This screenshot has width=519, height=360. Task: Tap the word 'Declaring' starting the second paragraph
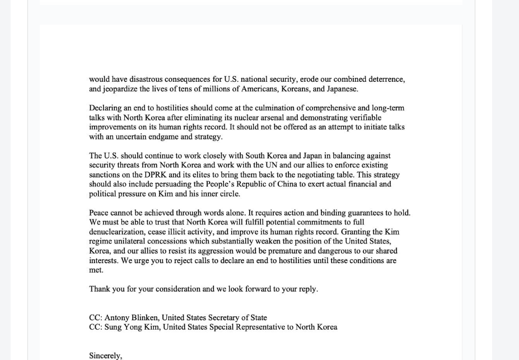106,108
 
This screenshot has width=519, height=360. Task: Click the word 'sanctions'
105,175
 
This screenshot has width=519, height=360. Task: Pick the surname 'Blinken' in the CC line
145,318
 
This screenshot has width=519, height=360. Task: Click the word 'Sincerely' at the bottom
105,356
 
